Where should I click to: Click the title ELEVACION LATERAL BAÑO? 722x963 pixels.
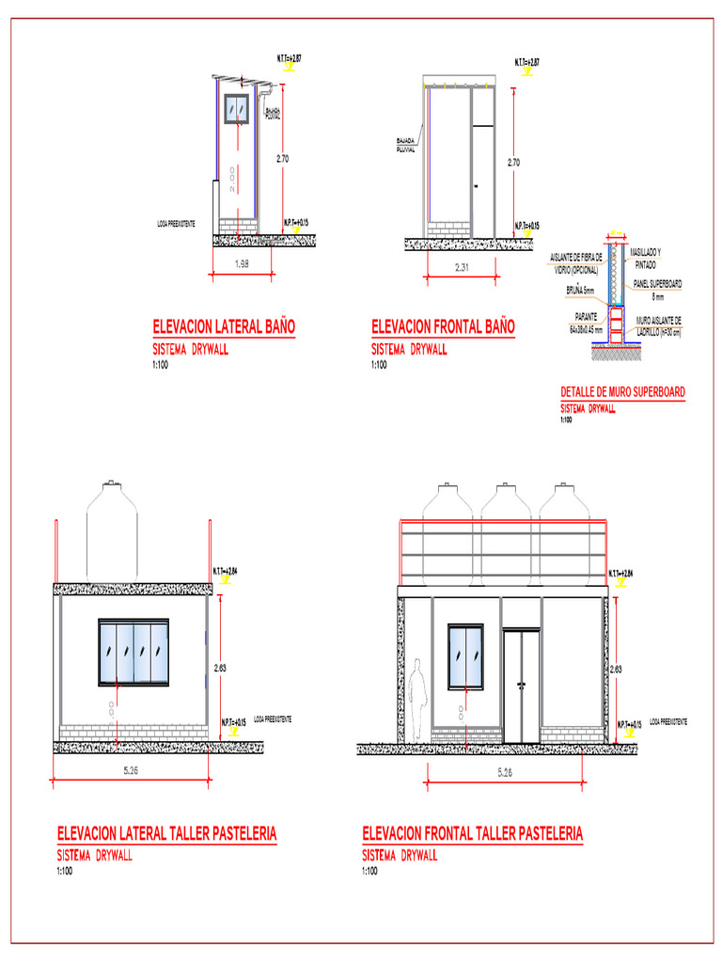pyautogui.click(x=224, y=326)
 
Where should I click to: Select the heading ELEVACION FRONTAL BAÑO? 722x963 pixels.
pyautogui.click(x=443, y=326)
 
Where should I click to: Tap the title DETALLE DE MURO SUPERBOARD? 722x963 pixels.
pyautogui.click(x=622, y=392)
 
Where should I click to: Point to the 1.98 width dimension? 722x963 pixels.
pyautogui.click(x=241, y=264)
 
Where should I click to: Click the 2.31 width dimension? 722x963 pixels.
pyautogui.click(x=463, y=269)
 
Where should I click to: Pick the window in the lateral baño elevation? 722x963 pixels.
pyautogui.click(x=236, y=109)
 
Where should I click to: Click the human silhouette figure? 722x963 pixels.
pyautogui.click(x=418, y=697)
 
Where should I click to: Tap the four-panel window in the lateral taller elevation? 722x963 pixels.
pyautogui.click(x=133, y=653)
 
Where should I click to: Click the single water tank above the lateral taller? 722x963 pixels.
pyautogui.click(x=112, y=531)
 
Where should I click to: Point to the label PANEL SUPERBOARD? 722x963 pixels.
pyautogui.click(x=657, y=283)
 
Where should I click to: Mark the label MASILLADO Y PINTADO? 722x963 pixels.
pyautogui.click(x=645, y=259)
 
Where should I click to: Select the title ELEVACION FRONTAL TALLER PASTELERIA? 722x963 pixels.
pyautogui.click(x=472, y=833)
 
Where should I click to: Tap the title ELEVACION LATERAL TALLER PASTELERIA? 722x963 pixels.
pyautogui.click(x=166, y=833)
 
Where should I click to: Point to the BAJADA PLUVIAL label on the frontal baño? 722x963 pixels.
pyautogui.click(x=405, y=146)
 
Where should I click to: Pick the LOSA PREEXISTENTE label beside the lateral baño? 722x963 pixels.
pyautogui.click(x=176, y=224)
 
